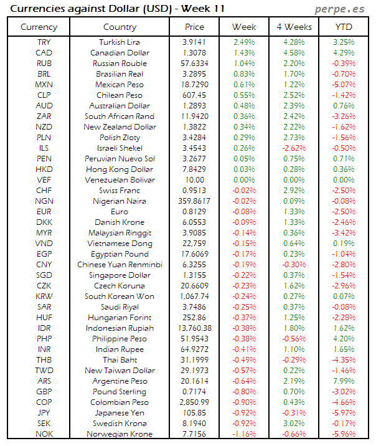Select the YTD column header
tap(344, 27)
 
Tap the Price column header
tap(194, 27)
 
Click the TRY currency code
tap(44, 42)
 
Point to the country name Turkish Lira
tap(120, 42)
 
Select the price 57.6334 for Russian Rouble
tap(194, 63)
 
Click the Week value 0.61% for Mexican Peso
tap(244, 84)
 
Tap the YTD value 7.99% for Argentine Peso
tap(344, 381)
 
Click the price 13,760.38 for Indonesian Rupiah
tap(194, 328)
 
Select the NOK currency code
tap(44, 434)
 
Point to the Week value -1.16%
tap(244, 434)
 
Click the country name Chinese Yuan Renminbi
tap(120, 265)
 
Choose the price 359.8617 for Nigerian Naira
tap(194, 201)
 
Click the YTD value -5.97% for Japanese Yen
tap(344, 413)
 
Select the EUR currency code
tap(44, 212)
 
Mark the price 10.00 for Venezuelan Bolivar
tap(194, 180)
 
